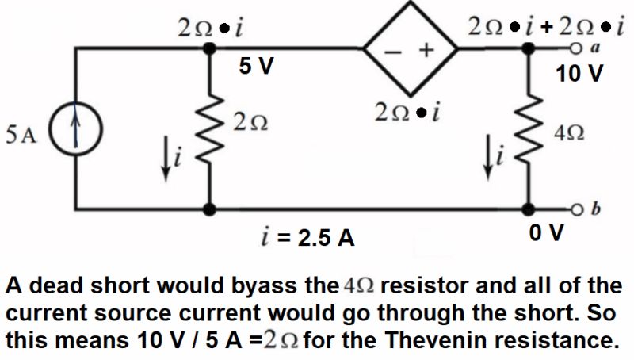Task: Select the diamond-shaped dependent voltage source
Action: tap(411, 50)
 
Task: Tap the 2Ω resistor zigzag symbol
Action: tap(211, 129)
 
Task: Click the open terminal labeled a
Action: tap(584, 49)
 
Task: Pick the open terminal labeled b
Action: tap(584, 209)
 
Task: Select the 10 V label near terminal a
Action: tap(579, 75)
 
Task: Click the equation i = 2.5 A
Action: tap(308, 236)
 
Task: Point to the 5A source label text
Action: tap(21, 134)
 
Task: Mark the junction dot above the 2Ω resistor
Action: tap(211, 49)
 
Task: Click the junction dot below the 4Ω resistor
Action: tap(529, 209)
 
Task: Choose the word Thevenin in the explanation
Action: tap(470, 342)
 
